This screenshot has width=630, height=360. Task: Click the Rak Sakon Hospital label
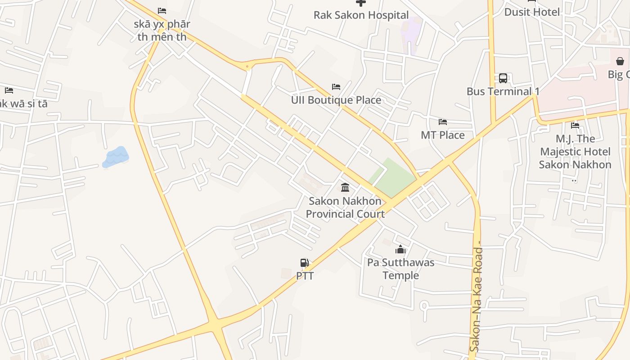coord(361,15)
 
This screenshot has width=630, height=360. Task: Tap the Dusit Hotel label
coord(531,12)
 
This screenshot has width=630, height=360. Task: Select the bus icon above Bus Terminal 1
coord(503,78)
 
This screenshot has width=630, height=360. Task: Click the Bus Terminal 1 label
coord(503,91)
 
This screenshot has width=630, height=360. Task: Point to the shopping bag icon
coord(620,61)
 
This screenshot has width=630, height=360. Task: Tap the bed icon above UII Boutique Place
coord(336,86)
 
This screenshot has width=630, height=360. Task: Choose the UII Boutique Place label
coord(336,100)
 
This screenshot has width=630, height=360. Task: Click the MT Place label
coord(442,135)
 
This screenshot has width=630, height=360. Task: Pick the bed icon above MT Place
coord(442,121)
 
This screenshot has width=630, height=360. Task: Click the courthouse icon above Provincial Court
coord(345,187)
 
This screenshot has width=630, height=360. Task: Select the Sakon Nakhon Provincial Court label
coord(345,207)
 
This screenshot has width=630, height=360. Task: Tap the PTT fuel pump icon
coord(305,263)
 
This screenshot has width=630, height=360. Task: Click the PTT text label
coord(305,275)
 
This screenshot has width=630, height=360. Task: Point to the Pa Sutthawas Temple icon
coord(400,249)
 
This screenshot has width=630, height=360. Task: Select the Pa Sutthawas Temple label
coord(400,269)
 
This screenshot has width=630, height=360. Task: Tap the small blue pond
coord(116,157)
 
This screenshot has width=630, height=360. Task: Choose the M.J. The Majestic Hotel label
coord(575,152)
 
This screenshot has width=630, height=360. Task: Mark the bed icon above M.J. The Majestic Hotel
coord(575,126)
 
